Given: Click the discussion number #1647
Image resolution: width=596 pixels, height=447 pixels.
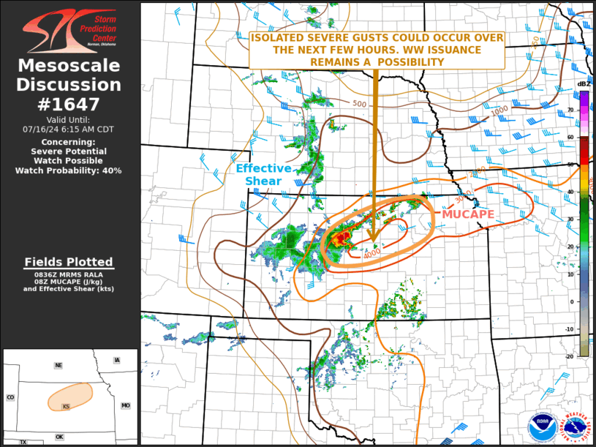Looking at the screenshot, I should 69,105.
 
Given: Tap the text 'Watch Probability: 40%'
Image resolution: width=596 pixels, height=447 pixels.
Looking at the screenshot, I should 69,170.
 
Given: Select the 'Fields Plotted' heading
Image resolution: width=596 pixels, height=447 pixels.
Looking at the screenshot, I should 69,262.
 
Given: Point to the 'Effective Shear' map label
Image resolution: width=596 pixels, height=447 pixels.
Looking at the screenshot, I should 264,174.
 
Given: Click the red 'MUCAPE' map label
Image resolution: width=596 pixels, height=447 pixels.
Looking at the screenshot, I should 468,214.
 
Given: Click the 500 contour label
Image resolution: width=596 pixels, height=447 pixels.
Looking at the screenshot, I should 359,105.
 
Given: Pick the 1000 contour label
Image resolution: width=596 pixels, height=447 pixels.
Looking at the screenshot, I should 499,110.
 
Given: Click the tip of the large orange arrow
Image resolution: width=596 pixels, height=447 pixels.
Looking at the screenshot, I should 374,241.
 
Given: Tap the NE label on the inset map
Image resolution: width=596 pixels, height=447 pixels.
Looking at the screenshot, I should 59,365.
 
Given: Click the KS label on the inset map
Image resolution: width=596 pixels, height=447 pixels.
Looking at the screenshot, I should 66,405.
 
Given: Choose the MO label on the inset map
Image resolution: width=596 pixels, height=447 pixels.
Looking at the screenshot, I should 125,405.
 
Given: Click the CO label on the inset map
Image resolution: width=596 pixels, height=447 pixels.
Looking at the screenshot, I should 10,397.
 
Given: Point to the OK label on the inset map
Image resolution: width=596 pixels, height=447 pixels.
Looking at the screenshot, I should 59,437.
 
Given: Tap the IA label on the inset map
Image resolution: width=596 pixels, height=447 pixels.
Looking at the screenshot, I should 116,361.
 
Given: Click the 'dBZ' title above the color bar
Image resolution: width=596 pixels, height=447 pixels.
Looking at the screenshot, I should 584,85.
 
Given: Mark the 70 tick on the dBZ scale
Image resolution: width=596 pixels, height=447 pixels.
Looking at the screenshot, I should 569,110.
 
